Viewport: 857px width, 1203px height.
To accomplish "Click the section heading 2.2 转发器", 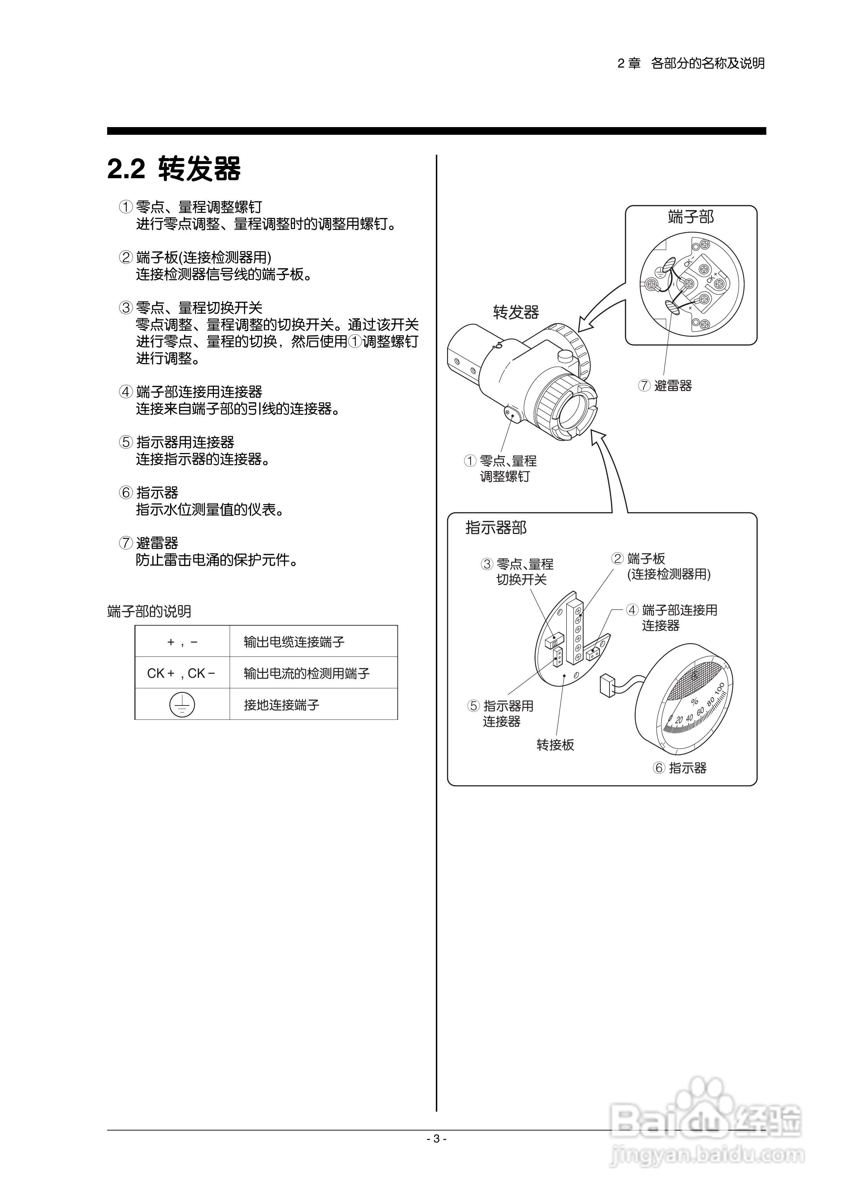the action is click(x=174, y=169).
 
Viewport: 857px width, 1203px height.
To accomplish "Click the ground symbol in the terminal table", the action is click(x=182, y=704).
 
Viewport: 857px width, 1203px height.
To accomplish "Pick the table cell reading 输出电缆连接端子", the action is click(x=294, y=642).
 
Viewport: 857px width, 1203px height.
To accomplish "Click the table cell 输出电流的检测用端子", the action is click(x=307, y=673).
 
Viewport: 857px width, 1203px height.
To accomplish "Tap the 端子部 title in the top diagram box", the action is click(x=690, y=217).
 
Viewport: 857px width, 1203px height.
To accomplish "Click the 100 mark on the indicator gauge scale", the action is click(x=720, y=689).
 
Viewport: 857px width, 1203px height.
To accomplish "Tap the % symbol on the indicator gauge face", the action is click(x=695, y=701).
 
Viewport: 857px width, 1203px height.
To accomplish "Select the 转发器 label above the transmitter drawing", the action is click(x=516, y=312).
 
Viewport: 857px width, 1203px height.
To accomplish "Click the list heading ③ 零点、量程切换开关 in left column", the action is click(x=191, y=308).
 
